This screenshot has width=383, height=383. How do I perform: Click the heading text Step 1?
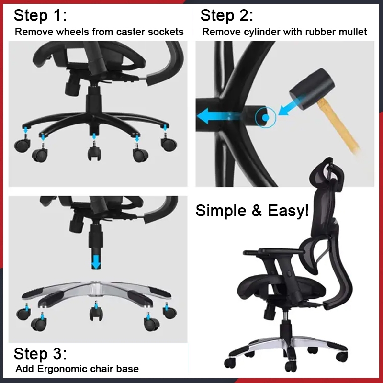[40, 15]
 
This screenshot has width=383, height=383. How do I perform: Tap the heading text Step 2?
[226, 15]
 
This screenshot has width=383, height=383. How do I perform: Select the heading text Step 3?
[40, 353]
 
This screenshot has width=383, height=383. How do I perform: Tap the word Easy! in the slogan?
[288, 210]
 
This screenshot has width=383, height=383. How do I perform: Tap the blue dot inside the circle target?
[266, 118]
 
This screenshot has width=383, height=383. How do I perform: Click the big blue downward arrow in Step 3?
[96, 262]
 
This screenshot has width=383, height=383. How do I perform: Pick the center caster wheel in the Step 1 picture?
[94, 153]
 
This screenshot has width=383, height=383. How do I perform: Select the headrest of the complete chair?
[327, 175]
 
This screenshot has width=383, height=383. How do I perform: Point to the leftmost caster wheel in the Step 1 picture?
[23, 146]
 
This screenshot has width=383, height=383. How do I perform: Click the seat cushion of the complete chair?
[281, 286]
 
